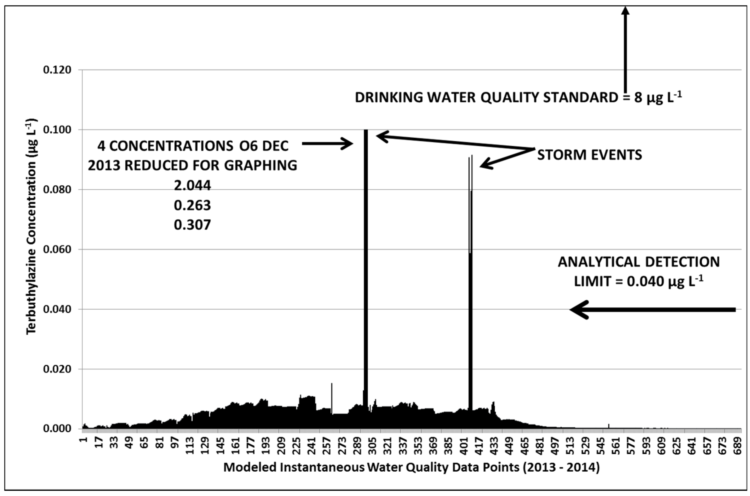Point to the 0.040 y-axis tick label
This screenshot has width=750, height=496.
(x=57, y=309)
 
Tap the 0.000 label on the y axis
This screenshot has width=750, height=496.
(x=57, y=429)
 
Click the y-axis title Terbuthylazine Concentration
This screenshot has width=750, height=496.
(x=32, y=226)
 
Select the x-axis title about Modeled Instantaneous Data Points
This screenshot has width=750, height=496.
(x=411, y=468)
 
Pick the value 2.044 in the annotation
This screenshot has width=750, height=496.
(x=192, y=185)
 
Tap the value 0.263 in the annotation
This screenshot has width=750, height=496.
(x=192, y=205)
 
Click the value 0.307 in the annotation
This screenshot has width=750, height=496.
(x=192, y=225)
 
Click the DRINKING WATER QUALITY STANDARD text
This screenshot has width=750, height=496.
(x=486, y=97)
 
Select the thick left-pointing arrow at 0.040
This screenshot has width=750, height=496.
(x=652, y=310)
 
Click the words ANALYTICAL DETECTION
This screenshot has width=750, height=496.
(x=639, y=262)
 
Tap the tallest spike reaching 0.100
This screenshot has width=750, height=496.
(x=366, y=253)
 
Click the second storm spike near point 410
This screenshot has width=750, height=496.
(x=471, y=285)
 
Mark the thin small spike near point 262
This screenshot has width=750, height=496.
(x=332, y=399)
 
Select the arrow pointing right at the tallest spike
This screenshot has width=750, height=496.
(x=328, y=144)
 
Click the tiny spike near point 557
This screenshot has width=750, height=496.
(x=609, y=426)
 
